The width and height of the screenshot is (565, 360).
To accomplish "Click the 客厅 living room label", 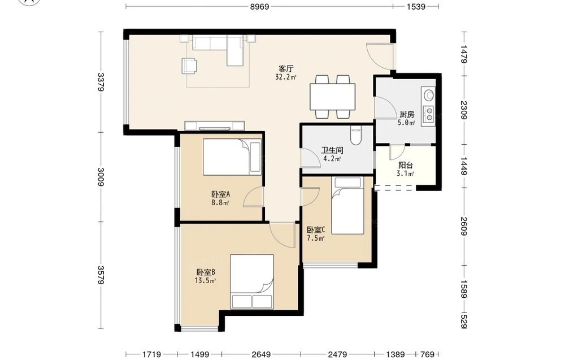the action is (286, 68).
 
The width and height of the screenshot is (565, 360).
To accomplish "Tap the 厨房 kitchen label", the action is (407, 115).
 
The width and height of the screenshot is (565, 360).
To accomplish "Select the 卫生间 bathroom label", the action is (332, 151).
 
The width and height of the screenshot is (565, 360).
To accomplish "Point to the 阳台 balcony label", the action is (405, 166).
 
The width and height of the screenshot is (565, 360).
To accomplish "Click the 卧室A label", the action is (220, 194).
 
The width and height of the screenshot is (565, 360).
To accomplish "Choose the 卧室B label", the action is (206, 272).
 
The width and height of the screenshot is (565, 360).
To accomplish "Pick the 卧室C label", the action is (316, 229).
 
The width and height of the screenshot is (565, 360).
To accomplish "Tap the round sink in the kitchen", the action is (429, 95).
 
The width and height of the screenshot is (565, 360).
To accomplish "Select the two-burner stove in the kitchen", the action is (429, 114).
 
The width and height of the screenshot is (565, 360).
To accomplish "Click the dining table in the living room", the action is (333, 97).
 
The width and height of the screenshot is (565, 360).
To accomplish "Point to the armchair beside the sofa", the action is (189, 66).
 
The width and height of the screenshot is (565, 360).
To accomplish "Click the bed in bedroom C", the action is (347, 205).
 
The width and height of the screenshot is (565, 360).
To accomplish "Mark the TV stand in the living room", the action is (215, 126).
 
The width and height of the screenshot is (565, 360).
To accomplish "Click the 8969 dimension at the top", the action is (259, 6).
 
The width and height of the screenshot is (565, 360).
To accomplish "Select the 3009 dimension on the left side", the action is (101, 177).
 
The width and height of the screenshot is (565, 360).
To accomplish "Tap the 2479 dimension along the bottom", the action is (338, 354).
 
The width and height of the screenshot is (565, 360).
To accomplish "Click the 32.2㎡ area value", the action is (286, 77).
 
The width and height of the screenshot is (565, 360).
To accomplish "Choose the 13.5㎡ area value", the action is (206, 281).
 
